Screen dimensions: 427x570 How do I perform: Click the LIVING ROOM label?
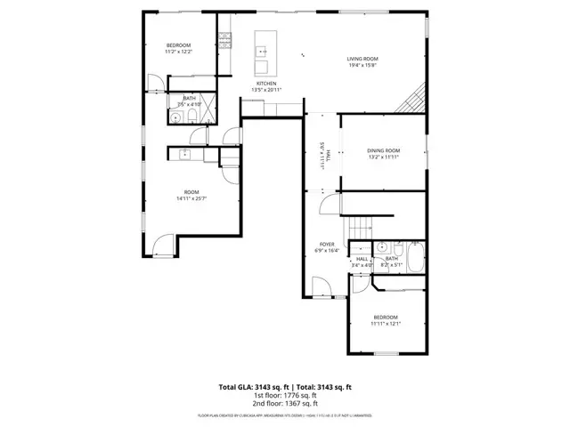pyautogui.click(x=362, y=59)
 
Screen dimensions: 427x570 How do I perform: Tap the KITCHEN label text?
pyautogui.click(x=267, y=84)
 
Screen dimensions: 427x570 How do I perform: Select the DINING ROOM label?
pyautogui.click(x=384, y=150)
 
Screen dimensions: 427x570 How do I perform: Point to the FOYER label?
pyautogui.click(x=328, y=245)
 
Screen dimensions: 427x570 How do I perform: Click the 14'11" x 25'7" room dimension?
pyautogui.click(x=191, y=198)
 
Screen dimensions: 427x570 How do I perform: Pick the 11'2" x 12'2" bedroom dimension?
pyautogui.click(x=179, y=52)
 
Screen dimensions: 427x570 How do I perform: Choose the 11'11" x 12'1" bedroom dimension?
pyautogui.click(x=386, y=324)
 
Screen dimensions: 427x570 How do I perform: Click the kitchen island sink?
pyautogui.click(x=263, y=51)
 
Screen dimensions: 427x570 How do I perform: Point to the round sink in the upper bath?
pyautogui.click(x=175, y=115)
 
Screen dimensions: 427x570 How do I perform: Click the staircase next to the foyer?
pyautogui.click(x=361, y=228)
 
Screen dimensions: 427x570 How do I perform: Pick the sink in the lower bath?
pyautogui.click(x=381, y=247)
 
